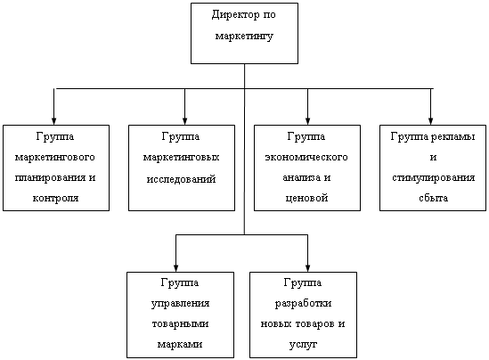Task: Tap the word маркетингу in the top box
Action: tap(244, 37)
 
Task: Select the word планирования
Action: tap(50, 178)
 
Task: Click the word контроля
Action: tap(56, 198)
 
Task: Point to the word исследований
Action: tap(181, 179)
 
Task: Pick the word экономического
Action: tap(306, 157)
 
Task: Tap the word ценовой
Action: tap(307, 198)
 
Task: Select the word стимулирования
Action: tap(434, 178)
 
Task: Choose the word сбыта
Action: tap(434, 198)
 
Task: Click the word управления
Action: tap(180, 304)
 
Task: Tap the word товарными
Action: tap(180, 324)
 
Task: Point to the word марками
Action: tap(180, 344)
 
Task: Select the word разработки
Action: tap(303, 304)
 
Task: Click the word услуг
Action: tap(303, 345)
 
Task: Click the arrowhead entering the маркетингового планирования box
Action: tap(54, 121)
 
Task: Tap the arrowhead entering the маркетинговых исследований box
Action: tap(184, 121)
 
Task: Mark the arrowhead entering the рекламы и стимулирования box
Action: tap(431, 121)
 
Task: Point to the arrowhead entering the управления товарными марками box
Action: tap(175, 268)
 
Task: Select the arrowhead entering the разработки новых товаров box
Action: tap(308, 268)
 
